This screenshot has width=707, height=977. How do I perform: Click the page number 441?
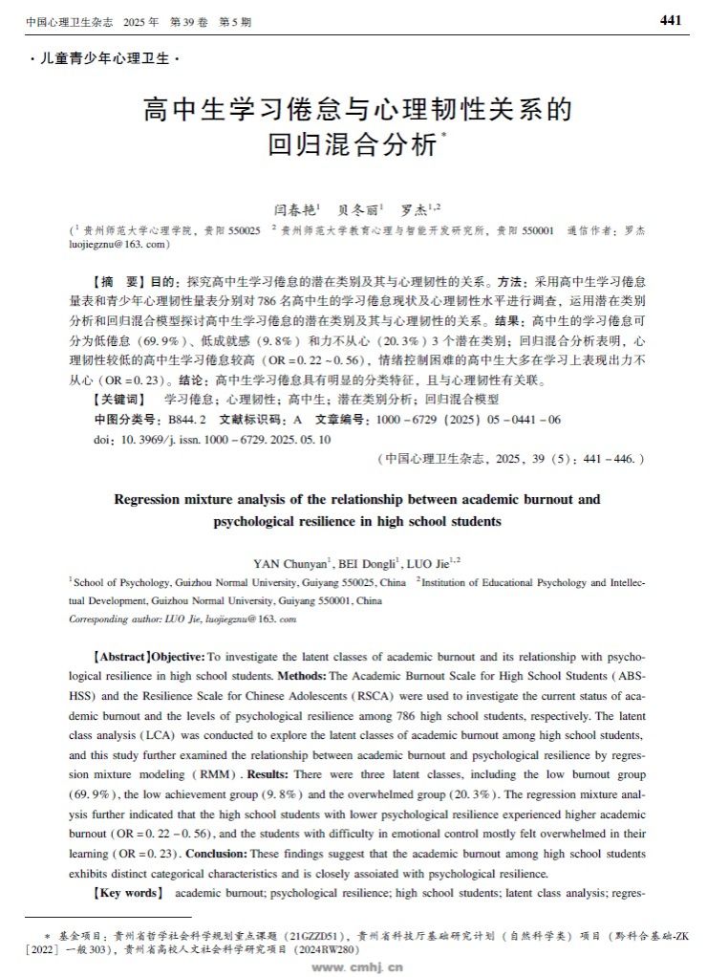pos(671,21)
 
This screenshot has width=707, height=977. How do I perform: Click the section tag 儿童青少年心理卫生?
pos(104,58)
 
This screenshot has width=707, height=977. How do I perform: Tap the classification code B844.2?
pos(187,419)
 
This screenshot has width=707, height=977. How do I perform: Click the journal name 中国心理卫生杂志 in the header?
pos(58,21)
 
